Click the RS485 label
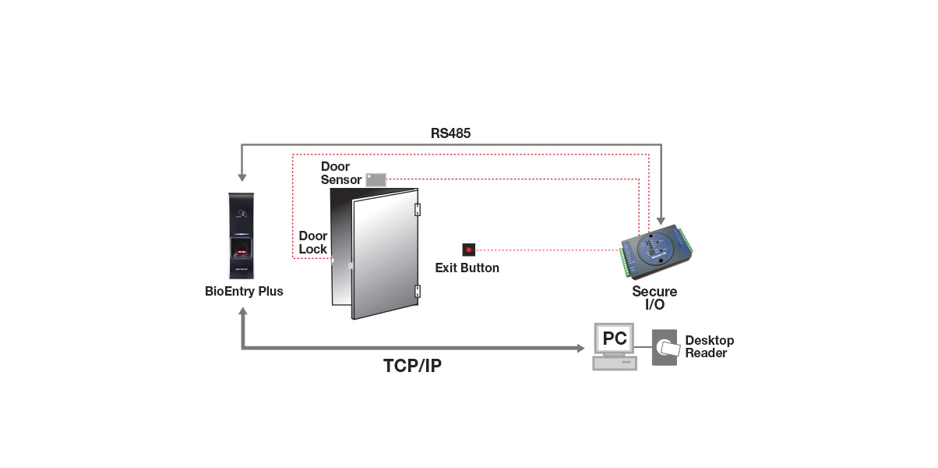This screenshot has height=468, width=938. (450, 133)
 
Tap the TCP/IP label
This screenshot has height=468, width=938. (412, 365)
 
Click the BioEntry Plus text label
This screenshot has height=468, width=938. (244, 292)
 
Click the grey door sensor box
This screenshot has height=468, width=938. (376, 179)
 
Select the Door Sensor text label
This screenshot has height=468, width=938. (341, 173)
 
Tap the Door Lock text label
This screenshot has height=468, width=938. (312, 243)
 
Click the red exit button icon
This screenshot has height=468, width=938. (468, 250)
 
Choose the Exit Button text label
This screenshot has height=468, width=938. (467, 268)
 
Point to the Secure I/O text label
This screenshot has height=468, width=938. (654, 298)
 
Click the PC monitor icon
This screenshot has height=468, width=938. (615, 339)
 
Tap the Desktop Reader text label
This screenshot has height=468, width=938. (709, 347)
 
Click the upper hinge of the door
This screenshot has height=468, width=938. (418, 209)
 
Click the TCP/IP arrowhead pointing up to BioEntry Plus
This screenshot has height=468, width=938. (243, 312)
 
